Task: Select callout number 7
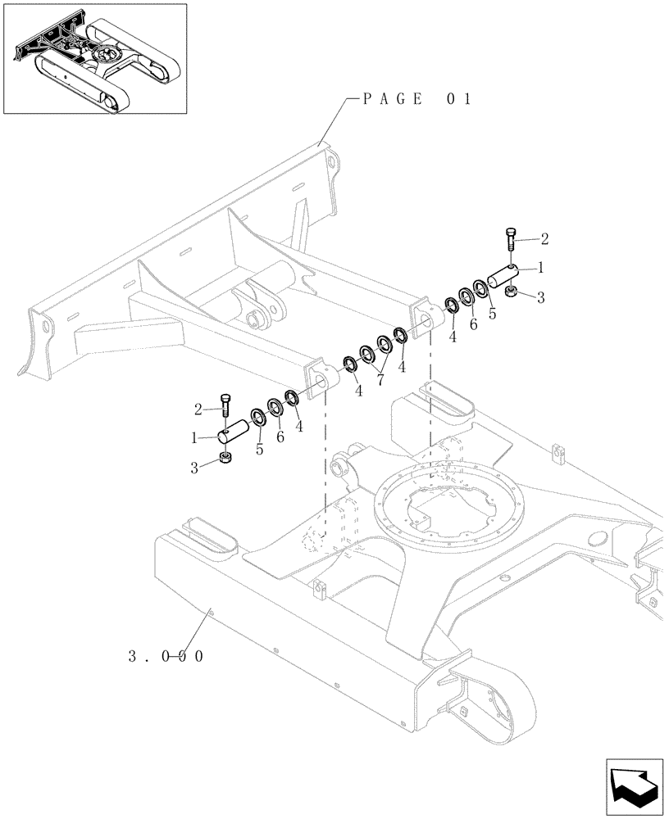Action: pyautogui.click(x=379, y=379)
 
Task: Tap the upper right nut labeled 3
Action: pyautogui.click(x=510, y=293)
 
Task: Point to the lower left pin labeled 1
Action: pyautogui.click(x=234, y=429)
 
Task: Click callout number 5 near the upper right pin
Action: pyautogui.click(x=493, y=313)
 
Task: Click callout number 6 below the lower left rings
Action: pyautogui.click(x=280, y=438)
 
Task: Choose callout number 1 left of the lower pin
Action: pyautogui.click(x=194, y=438)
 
